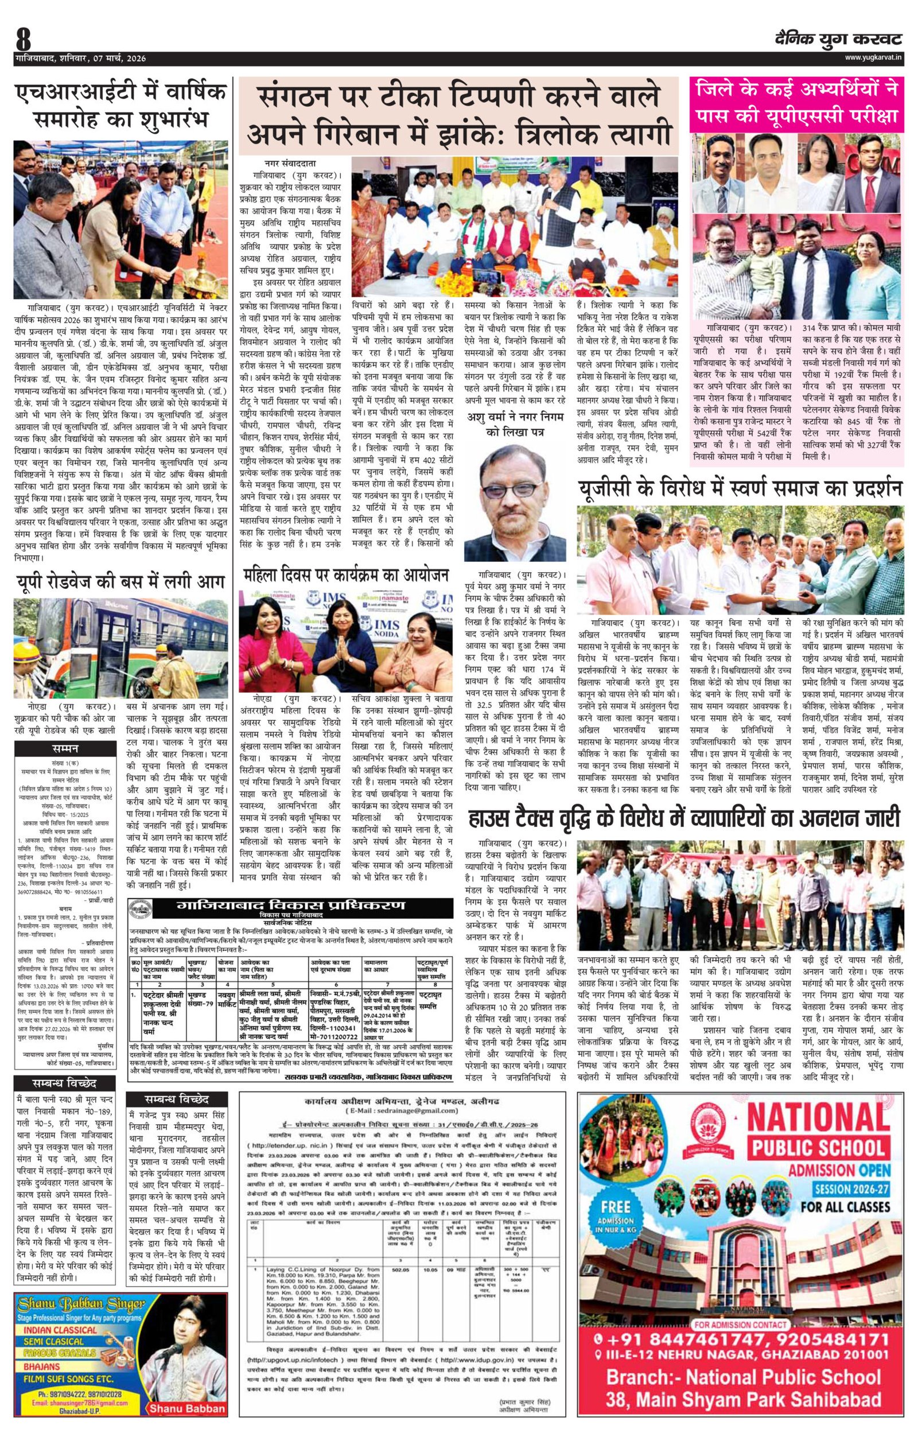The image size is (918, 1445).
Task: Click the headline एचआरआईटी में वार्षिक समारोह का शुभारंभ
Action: tap(121, 106)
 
